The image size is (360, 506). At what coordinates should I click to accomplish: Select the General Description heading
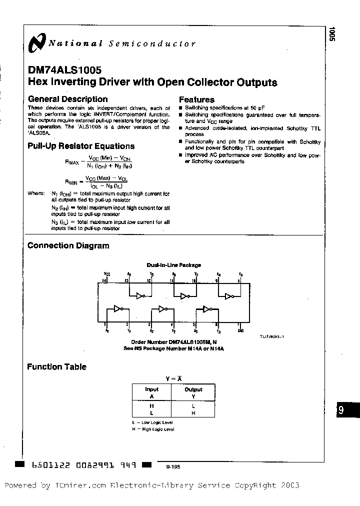point(67,99)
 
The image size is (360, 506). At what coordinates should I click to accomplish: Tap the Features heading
point(196,99)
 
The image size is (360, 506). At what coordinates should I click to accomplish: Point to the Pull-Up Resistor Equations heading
point(80,146)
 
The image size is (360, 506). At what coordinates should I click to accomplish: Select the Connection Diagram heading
point(68,245)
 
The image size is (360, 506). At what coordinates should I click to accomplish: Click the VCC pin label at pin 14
point(106,274)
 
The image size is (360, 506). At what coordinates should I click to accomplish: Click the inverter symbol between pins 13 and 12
point(139,295)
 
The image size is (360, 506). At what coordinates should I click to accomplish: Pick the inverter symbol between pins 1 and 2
point(118,309)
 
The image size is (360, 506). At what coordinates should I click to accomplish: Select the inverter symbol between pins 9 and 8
point(229,295)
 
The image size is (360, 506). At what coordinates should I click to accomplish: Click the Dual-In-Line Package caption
point(173,265)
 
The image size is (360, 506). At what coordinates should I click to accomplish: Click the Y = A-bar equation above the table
point(173,379)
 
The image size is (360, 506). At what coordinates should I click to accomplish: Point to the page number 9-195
point(173,466)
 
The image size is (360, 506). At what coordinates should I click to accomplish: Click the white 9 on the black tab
point(341,410)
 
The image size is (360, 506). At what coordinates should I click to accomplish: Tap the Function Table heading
point(56,366)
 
